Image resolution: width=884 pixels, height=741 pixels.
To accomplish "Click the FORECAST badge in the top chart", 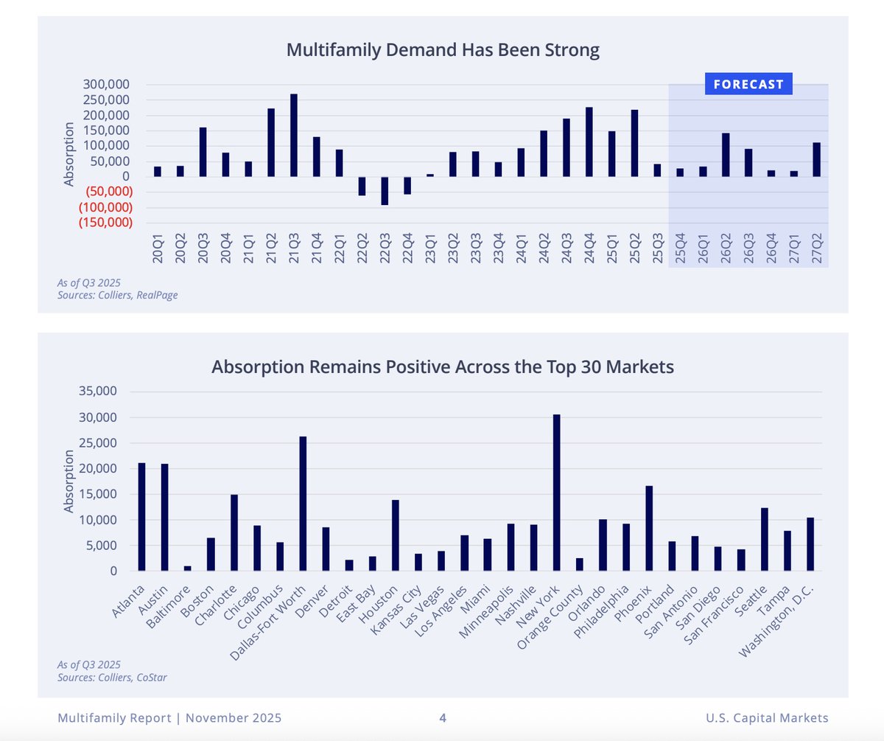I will point(748,84).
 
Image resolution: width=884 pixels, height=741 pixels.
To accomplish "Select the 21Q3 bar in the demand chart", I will point(294,135).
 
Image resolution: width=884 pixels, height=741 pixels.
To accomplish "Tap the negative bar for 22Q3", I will point(385,190).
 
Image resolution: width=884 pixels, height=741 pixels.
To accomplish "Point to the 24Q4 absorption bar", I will point(589,142).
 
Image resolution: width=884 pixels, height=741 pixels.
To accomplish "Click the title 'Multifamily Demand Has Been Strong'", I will point(443,51).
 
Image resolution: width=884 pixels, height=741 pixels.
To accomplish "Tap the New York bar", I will point(557,493).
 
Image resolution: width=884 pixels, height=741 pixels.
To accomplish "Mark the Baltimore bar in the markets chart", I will point(188,568).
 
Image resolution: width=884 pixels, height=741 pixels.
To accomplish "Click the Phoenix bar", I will point(649,528).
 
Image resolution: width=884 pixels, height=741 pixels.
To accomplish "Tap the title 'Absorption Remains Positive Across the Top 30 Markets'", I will point(443,366).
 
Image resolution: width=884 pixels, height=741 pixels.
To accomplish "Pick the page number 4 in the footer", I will point(443,717).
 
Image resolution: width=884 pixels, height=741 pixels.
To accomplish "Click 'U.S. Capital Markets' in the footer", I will point(766,717).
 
